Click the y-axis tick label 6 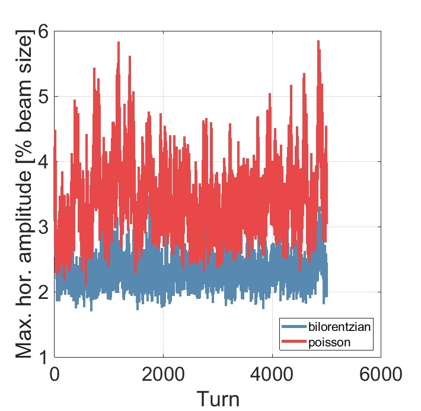[x=42, y=32]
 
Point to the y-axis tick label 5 [x=42, y=97]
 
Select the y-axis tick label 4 [x=42, y=162]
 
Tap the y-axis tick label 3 [x=42, y=227]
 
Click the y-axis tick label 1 [x=42, y=356]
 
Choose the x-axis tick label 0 [x=55, y=375]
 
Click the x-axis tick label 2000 [x=163, y=375]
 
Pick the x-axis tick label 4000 [x=272, y=375]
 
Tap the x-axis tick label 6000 [x=380, y=375]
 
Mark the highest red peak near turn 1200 [x=119, y=43]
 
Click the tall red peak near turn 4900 [x=318, y=42]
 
